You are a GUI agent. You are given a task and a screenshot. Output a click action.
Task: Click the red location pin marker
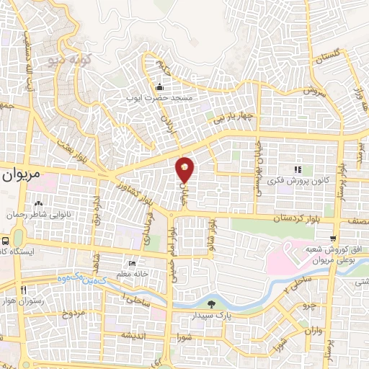185,170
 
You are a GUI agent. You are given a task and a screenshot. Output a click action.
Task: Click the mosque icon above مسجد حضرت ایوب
160,86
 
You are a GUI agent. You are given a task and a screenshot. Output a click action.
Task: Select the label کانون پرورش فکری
295,180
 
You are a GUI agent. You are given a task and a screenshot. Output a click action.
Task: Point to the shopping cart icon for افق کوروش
332,239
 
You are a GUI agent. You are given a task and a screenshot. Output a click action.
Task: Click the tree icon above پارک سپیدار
210,304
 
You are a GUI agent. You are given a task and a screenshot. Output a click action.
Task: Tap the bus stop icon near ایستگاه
6,241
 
